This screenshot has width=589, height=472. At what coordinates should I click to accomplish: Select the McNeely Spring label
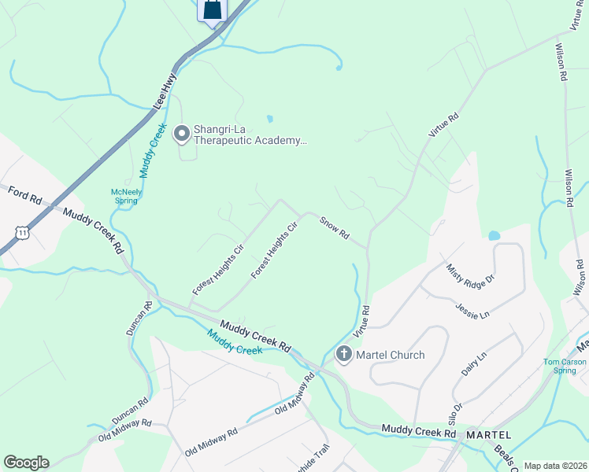coord(125,196)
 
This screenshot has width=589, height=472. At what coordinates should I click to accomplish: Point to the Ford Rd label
coord(24,196)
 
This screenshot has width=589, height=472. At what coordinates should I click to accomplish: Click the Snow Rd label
coord(334,229)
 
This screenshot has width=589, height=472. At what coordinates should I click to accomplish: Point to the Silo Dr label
coord(456,413)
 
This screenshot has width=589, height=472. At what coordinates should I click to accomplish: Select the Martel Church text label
coord(391,355)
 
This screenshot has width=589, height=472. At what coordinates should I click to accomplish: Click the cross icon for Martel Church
coord(343,355)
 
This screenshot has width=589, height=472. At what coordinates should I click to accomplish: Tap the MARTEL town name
coord(488,435)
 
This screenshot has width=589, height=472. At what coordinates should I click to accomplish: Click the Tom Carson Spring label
coord(565,366)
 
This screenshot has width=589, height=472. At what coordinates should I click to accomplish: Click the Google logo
coord(26,463)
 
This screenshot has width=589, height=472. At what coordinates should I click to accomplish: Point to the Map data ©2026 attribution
coord(555,466)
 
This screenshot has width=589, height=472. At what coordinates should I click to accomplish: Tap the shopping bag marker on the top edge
coord(213,10)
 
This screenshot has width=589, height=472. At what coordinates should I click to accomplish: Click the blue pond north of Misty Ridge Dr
coord(494,235)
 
